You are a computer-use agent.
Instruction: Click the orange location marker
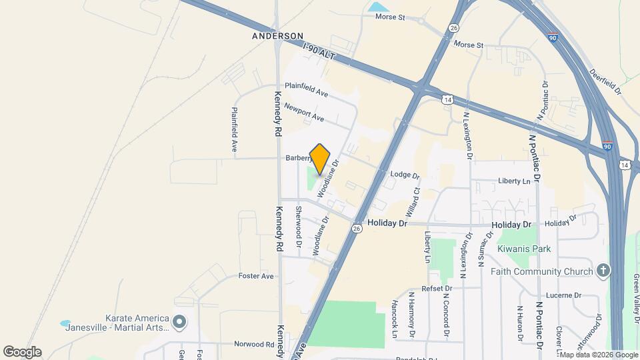pos(320,159)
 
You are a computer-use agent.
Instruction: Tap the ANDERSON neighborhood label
pos(277,36)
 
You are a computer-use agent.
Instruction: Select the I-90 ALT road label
pos(317,53)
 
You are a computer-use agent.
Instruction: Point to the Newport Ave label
pos(303,112)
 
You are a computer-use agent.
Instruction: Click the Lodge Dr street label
pos(405,176)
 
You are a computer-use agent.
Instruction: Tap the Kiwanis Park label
pos(524,249)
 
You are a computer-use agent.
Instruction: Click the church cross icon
pos(603,271)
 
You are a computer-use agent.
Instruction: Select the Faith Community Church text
pos(541,271)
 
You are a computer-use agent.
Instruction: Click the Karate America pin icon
pos(179,323)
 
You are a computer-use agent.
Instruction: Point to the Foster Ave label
pos(256,276)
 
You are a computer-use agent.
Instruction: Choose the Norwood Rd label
pos(254,345)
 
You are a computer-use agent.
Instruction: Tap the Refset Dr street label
pos(427,288)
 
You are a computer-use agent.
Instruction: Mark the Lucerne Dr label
pos(564,295)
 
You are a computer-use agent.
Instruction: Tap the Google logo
pos(22,352)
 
